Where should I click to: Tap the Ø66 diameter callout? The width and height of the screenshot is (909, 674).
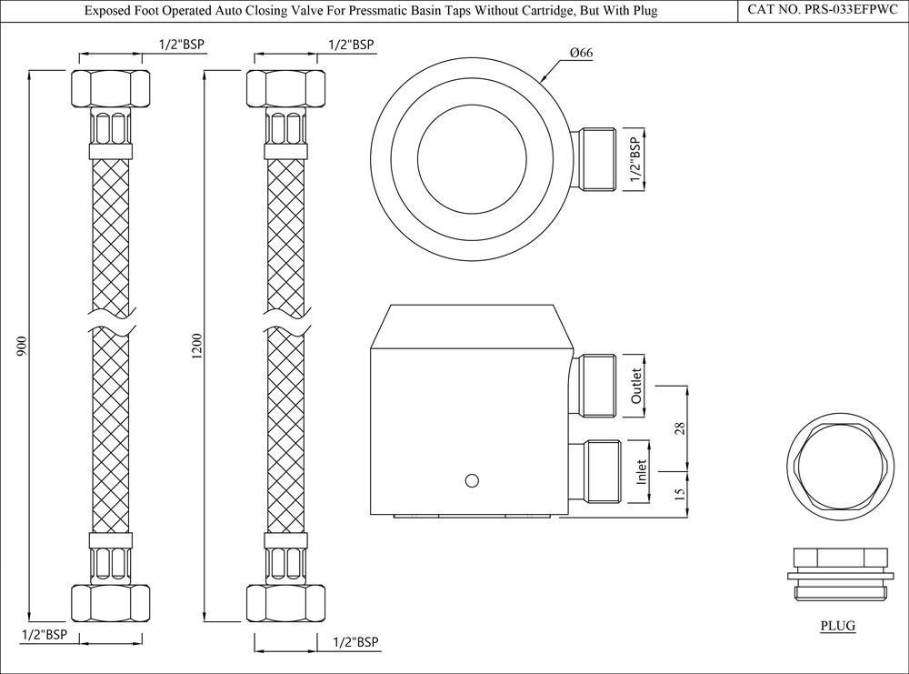[582, 54]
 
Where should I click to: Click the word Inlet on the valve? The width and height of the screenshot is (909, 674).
[642, 470]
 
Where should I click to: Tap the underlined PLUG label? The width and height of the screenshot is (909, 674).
[837, 626]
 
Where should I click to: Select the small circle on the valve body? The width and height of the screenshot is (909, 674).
[470, 480]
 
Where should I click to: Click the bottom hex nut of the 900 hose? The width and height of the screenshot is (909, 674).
[108, 601]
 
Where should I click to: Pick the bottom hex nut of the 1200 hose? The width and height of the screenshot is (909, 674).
[285, 601]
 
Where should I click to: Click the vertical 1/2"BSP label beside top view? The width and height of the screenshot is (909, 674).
[635, 161]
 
